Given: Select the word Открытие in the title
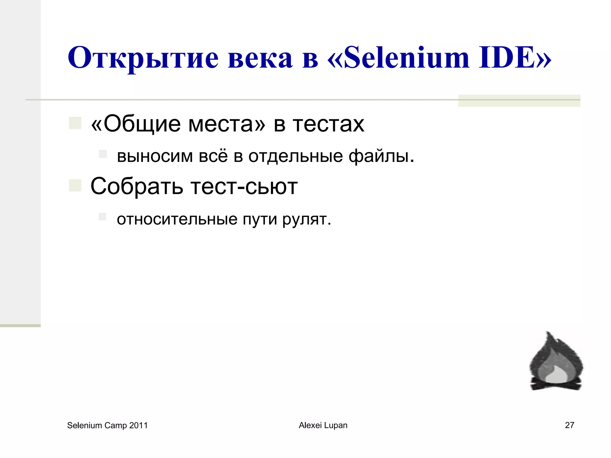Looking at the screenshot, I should (143, 58).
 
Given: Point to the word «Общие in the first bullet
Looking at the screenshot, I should (136, 124).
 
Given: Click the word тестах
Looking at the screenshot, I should (328, 124).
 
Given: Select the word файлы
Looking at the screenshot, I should (382, 156).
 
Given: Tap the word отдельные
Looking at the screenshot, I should (296, 156).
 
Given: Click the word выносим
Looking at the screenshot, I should (155, 156).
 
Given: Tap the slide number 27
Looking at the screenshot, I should (570, 425).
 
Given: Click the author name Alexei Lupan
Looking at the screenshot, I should (323, 425).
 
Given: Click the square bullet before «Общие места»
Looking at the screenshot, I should (75, 123).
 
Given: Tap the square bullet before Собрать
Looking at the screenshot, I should (75, 185).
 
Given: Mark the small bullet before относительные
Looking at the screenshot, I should (103, 217).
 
